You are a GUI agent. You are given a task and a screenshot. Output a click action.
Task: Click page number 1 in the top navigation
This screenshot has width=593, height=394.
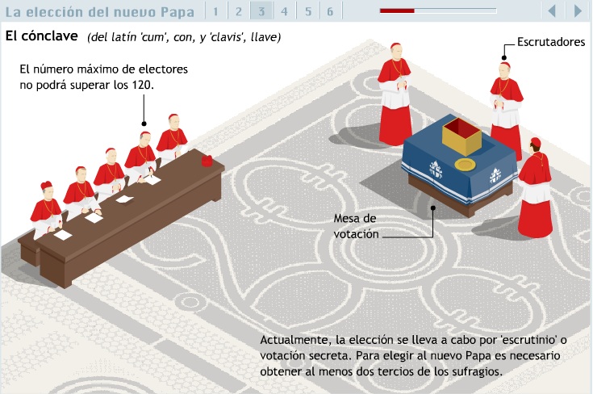pyautogui.click(x=215, y=12)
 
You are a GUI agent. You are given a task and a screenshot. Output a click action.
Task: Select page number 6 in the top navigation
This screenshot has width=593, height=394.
pyautogui.click(x=330, y=12)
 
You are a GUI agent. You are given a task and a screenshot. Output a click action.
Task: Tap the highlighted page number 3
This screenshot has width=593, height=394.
pyautogui.click(x=261, y=12)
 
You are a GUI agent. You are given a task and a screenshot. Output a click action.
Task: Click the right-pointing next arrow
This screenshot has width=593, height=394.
pyautogui.click(x=578, y=11)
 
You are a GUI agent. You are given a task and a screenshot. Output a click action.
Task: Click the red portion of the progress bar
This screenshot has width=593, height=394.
pyautogui.click(x=397, y=11)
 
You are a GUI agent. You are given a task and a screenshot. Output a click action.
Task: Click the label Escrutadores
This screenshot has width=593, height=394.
pyautogui.click(x=551, y=42)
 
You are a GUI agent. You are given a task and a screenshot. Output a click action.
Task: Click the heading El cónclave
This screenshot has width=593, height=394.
pyautogui.click(x=42, y=36)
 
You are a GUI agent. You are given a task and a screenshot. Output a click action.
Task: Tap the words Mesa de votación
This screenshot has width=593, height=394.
pyautogui.click(x=356, y=226)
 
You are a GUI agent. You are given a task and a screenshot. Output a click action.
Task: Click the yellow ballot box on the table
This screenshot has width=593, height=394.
pyautogui.click(x=461, y=136)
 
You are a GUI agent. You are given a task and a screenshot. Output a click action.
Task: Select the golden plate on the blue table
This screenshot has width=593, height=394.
pyautogui.click(x=465, y=164)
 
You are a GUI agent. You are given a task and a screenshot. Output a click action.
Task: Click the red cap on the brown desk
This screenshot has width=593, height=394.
pyautogui.click(x=207, y=161)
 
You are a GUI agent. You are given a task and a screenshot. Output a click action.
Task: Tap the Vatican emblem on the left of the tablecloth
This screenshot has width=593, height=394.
pyautogui.click(x=436, y=170)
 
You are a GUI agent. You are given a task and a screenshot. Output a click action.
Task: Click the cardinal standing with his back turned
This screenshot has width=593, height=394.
pyautogui.click(x=535, y=188)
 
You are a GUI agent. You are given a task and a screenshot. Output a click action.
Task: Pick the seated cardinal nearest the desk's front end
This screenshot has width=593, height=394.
pyautogui.click(x=47, y=209)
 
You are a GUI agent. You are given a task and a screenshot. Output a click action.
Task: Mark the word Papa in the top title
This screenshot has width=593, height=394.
pyautogui.click(x=177, y=12)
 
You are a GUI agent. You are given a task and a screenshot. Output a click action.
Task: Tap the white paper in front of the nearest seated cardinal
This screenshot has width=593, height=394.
pyautogui.click(x=63, y=235)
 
